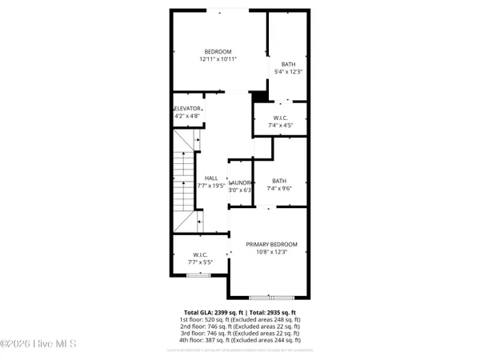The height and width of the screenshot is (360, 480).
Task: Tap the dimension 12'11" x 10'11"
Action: pyautogui.click(x=218, y=59)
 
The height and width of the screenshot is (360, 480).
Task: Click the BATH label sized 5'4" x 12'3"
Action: pyautogui.click(x=288, y=65)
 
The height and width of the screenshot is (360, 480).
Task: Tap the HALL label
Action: pyautogui.click(x=211, y=178)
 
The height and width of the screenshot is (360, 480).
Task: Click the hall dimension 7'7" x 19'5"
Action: pyautogui.click(x=212, y=186)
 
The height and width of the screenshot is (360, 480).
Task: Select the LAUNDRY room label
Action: pyautogui.click(x=240, y=182)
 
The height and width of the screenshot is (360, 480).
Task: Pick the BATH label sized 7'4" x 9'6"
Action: pyautogui.click(x=279, y=181)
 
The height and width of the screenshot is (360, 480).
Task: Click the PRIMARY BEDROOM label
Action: pyautogui.click(x=271, y=244)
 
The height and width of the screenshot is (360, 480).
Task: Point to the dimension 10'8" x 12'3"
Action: pyautogui.click(x=271, y=252)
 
